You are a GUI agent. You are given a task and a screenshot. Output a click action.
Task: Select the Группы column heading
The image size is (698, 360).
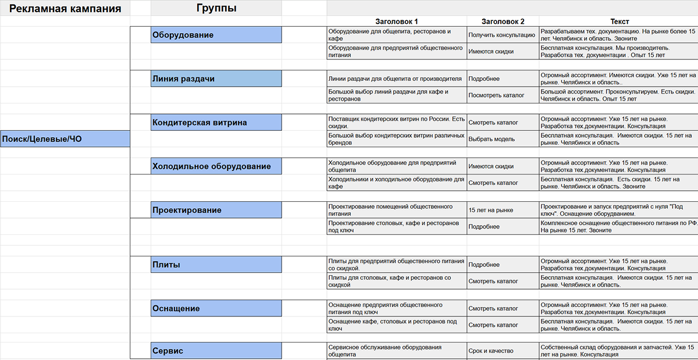click(x=216, y=8)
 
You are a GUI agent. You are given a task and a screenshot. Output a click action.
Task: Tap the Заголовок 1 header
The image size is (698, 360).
click(x=397, y=22)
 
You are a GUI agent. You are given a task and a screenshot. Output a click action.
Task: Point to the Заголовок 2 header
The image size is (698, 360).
click(x=503, y=22)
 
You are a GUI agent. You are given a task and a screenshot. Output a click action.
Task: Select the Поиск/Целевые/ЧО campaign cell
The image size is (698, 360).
click(x=65, y=138)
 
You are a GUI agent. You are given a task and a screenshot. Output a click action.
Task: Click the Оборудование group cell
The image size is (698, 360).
click(x=216, y=35)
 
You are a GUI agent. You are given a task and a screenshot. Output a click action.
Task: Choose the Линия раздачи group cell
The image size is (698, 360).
click(x=216, y=79)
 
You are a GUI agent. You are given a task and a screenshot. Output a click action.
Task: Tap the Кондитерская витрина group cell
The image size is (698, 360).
click(x=216, y=123)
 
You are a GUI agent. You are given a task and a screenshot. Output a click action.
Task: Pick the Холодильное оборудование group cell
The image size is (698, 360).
click(x=216, y=166)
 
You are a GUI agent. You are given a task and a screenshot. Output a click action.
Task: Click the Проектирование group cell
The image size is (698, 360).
click(x=216, y=210)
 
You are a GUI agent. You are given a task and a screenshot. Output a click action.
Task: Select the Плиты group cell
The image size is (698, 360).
click(x=216, y=265)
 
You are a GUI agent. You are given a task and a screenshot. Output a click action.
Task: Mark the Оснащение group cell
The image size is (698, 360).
click(x=216, y=308)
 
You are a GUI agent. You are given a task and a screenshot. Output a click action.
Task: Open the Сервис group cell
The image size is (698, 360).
click(x=216, y=351)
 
